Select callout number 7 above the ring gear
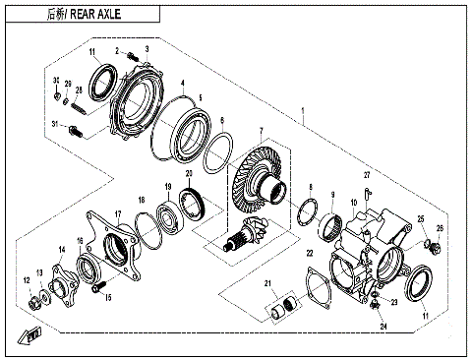coord(261,132)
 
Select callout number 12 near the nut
coord(27,282)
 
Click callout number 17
coord(118,213)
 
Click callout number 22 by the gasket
coord(311,253)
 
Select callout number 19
coord(168,187)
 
